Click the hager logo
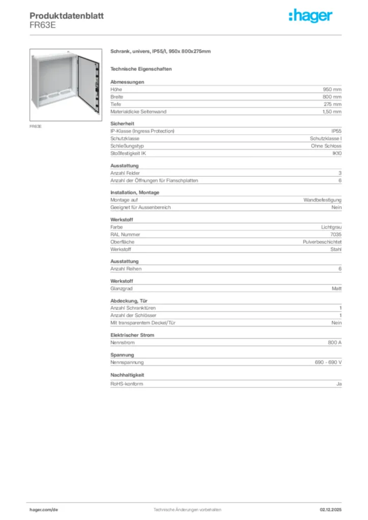click(311, 16)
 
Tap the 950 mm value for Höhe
click(332, 89)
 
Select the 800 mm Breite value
click(332, 96)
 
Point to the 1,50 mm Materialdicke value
click(331, 111)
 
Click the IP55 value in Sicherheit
click(336, 131)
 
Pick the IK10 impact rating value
click(336, 153)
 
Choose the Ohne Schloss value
click(326, 146)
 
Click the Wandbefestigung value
click(322, 200)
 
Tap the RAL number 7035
click(336, 235)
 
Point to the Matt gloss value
click(336, 288)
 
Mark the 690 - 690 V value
click(328, 363)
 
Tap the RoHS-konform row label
click(127, 384)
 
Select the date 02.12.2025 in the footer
click(330, 509)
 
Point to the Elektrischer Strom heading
click(132, 335)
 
